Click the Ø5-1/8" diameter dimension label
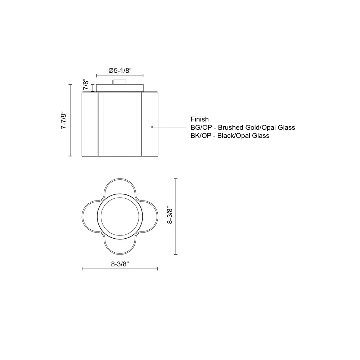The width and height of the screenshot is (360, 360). [x=120, y=71]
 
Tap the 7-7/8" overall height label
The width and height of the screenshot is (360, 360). [x=63, y=120]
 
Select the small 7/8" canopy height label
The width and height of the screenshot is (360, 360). [x=86, y=85]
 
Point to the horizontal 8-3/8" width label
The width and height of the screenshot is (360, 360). [x=120, y=264]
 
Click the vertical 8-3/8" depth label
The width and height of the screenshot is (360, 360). [x=170, y=216]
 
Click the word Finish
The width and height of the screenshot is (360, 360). [x=199, y=119]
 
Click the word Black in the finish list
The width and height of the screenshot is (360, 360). [x=225, y=136]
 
